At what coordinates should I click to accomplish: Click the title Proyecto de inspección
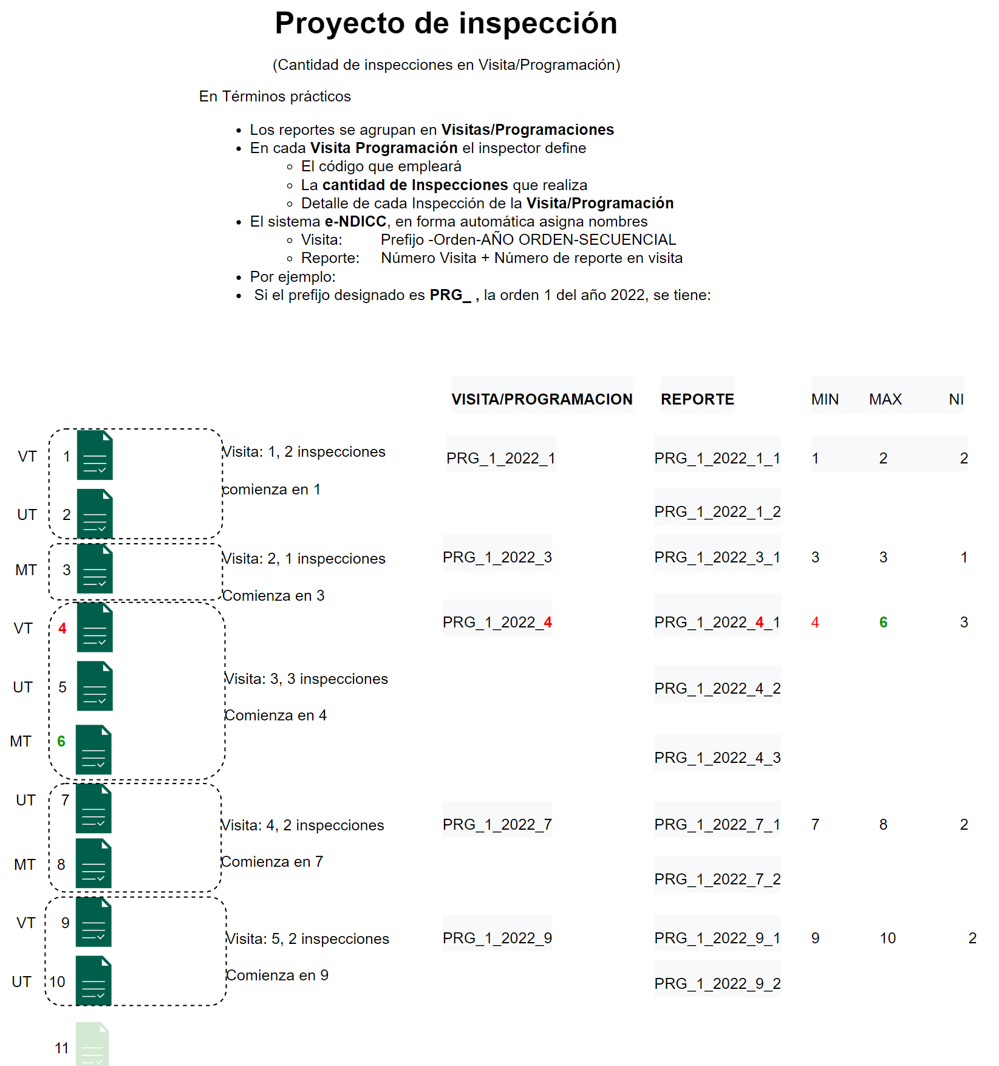point(446,24)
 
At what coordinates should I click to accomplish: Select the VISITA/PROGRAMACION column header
point(542,399)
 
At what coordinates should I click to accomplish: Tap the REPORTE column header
point(697,399)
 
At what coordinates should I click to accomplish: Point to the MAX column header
point(885,399)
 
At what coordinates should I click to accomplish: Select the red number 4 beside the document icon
point(62,628)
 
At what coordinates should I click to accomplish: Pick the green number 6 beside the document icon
point(61,741)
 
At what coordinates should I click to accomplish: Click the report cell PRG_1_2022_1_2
point(717,511)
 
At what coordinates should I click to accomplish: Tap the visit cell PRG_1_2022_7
point(497,824)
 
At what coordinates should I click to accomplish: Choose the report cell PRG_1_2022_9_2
point(717,983)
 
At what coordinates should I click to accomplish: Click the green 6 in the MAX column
point(883,622)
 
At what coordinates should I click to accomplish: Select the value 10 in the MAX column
point(887,938)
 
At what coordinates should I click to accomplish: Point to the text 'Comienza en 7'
point(272,861)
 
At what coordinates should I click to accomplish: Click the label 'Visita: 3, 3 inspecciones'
point(306,678)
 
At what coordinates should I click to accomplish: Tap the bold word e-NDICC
point(355,221)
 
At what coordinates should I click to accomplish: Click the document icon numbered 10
point(94,980)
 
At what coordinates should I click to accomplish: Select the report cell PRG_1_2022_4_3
point(717,757)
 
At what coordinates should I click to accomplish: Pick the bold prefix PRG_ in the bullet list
point(450,295)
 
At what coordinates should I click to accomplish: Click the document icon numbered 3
point(95,569)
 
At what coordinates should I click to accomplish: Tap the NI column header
point(956,399)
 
